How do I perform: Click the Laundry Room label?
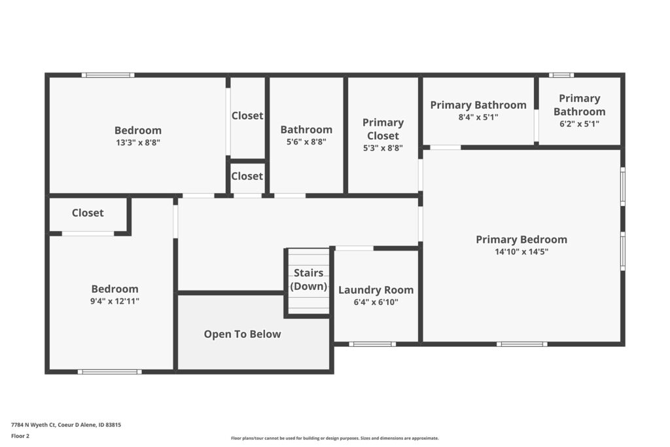[376, 290]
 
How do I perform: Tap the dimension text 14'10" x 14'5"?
[521, 252]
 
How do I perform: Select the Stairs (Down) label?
[309, 279]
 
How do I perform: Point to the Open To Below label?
[242, 334]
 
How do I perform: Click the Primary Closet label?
[383, 129]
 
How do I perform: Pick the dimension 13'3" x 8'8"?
[138, 142]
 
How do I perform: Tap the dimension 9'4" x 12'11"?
[115, 301]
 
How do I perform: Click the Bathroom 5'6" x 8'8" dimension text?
[306, 141]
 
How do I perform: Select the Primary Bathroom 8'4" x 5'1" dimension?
[478, 116]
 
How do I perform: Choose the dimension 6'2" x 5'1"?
[580, 124]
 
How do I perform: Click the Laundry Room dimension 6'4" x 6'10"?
[376, 302]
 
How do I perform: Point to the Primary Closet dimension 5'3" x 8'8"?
[383, 148]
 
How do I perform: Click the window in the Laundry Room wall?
[372, 344]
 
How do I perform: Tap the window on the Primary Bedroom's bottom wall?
[521, 344]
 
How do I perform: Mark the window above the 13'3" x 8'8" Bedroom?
[108, 75]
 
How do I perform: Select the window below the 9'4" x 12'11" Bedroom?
[110, 372]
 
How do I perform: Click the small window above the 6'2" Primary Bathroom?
[561, 75]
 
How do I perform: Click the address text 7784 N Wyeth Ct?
[33, 425]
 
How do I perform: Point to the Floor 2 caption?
[20, 436]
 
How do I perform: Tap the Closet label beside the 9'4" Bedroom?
[88, 213]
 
